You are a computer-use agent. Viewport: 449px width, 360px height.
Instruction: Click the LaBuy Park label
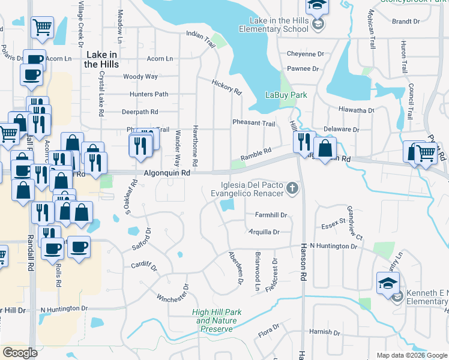point(286,95)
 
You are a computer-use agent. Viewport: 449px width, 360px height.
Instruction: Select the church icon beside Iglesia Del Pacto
point(292,189)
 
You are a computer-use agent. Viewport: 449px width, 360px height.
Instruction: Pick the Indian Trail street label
point(200,37)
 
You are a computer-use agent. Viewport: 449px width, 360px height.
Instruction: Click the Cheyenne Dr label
point(306,53)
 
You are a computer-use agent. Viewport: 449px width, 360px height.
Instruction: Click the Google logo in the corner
point(20,353)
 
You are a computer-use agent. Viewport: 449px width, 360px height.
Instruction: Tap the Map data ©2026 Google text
point(411,355)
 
